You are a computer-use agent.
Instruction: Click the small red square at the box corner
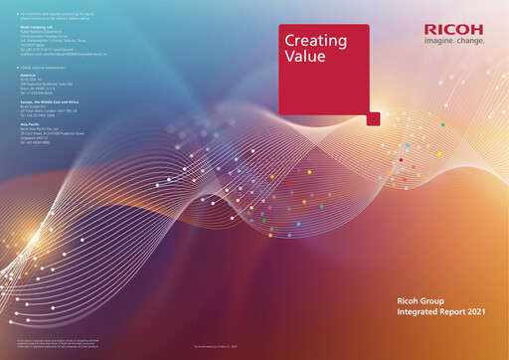tap(373, 118)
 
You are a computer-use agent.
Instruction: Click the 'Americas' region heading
tap(27, 75)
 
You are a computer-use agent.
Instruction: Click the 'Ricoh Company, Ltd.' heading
tap(37, 27)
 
